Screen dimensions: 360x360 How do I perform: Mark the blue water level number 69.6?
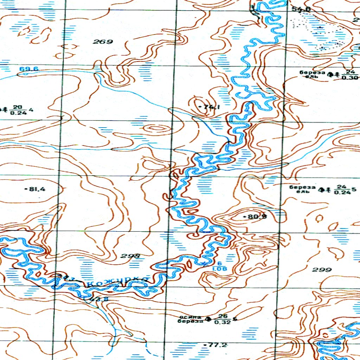pos(29,69)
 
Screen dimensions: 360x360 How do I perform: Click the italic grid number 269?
pos(103,42)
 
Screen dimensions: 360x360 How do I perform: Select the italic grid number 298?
pos(130,256)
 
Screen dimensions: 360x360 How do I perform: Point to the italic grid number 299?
pos(322,270)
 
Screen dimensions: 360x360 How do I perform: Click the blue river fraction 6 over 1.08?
pos(219,266)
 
